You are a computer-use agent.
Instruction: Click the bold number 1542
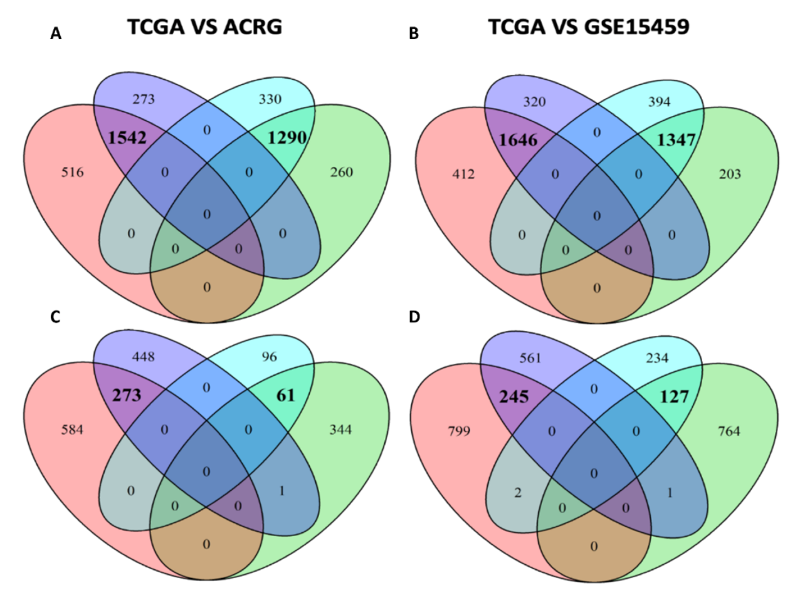[x=127, y=138]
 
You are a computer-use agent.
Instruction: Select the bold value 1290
[x=287, y=138]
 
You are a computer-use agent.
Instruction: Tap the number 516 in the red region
[x=72, y=173]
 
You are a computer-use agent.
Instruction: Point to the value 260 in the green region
[x=341, y=173]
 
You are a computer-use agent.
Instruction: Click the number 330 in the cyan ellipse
[x=270, y=99]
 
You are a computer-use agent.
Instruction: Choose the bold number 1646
[x=518, y=140]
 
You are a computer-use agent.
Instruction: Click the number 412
[x=463, y=175]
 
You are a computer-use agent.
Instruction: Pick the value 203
[x=730, y=175]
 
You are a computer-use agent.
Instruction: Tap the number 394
[x=659, y=102]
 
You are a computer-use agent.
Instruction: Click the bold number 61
[x=285, y=396]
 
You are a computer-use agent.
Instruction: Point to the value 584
[x=72, y=430]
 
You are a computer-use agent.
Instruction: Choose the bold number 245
[x=514, y=397]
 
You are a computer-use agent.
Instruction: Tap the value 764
[x=729, y=431]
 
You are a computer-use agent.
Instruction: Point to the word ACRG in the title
[x=252, y=27]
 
